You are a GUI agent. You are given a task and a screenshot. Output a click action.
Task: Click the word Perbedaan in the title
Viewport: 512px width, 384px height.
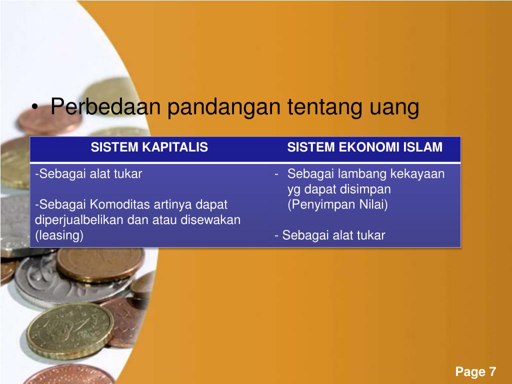(105, 107)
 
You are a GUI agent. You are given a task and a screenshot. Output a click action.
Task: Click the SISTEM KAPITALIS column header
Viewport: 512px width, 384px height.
(149, 147)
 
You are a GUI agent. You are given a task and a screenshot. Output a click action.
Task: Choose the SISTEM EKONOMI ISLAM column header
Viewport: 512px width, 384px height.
(365, 147)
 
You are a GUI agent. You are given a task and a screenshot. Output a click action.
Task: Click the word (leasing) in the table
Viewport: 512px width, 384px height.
(59, 235)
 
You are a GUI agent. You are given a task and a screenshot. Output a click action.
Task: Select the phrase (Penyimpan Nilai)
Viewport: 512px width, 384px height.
(337, 205)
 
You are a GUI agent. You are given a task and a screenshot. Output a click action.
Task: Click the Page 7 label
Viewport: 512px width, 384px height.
(475, 372)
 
